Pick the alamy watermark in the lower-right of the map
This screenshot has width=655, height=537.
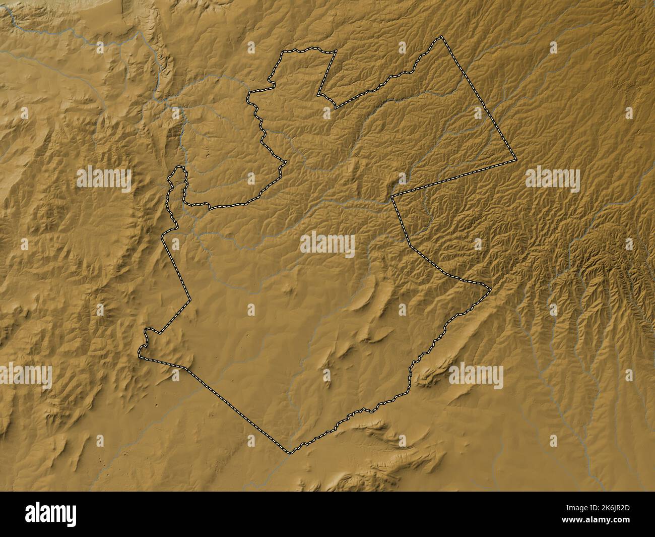(x=476, y=377)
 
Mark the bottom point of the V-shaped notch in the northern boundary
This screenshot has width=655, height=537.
(x=336, y=107)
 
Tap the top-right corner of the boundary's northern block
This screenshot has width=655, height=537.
(x=336, y=51)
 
